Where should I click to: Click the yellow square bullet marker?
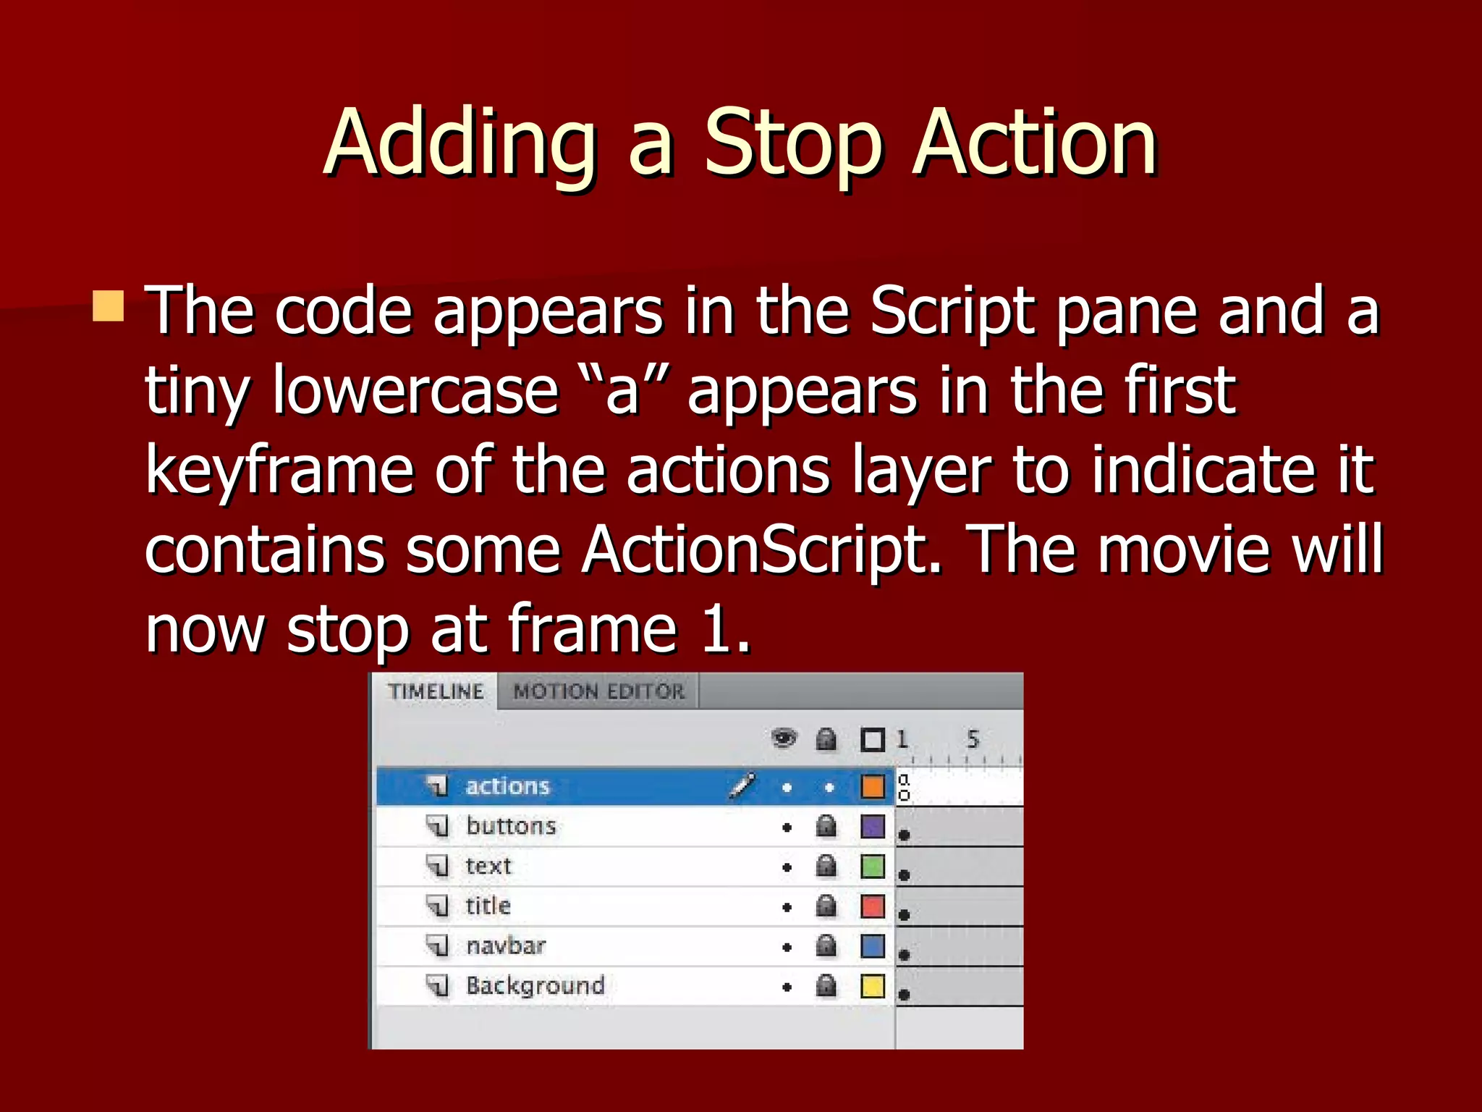(109, 306)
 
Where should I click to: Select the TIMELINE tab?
(436, 691)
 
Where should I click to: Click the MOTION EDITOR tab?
(598, 691)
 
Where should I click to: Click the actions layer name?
(507, 786)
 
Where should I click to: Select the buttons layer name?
(511, 826)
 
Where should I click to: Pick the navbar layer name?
(506, 945)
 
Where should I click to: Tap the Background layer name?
(535, 985)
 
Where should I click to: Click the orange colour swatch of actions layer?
(873, 786)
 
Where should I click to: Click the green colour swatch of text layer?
(873, 866)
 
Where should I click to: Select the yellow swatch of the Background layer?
(873, 986)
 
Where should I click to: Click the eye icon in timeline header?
(784, 739)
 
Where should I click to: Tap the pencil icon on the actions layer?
(742, 785)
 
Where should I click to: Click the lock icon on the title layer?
(826, 906)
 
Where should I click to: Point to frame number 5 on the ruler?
(973, 739)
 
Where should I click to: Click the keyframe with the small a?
(904, 786)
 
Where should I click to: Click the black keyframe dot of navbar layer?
(904, 955)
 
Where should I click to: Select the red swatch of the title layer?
(873, 906)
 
